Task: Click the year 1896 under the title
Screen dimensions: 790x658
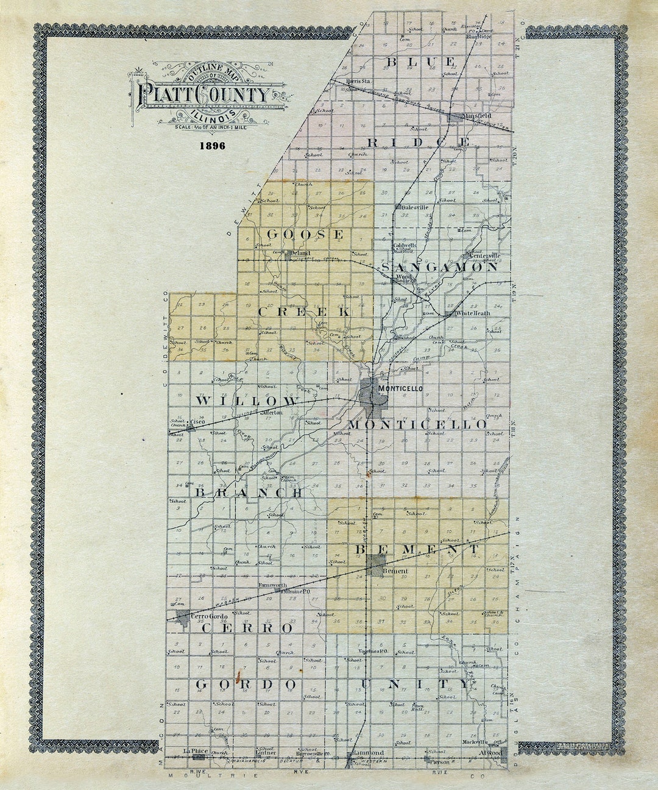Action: click(x=211, y=146)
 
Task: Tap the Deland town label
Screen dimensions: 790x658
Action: click(x=300, y=253)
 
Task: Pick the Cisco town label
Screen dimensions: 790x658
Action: click(x=197, y=421)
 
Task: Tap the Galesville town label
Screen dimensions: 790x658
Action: click(x=414, y=207)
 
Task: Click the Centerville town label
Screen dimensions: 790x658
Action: click(x=484, y=255)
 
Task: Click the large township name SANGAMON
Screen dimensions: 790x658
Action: click(x=439, y=267)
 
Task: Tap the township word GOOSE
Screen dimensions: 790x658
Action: click(x=305, y=235)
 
